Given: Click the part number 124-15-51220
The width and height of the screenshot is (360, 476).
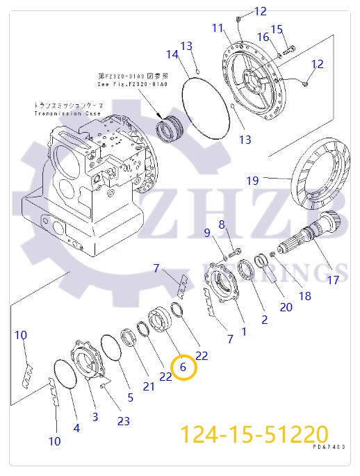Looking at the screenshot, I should point(254,435).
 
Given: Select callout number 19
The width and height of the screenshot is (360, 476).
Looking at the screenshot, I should point(252,181).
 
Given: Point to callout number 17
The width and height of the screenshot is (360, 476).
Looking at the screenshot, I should point(333,280).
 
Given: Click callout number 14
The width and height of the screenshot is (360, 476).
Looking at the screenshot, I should point(172,54).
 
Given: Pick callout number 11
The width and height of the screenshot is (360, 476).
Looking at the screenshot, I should point(218,28).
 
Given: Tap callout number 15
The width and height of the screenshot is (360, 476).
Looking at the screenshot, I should point(277,29).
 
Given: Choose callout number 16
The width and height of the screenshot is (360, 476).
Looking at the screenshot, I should point(263,37).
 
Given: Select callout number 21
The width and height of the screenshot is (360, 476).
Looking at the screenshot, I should point(149,386).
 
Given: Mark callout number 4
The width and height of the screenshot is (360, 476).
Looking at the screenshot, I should point(76,428).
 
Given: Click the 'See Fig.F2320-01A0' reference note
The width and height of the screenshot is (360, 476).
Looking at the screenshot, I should point(133,84).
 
